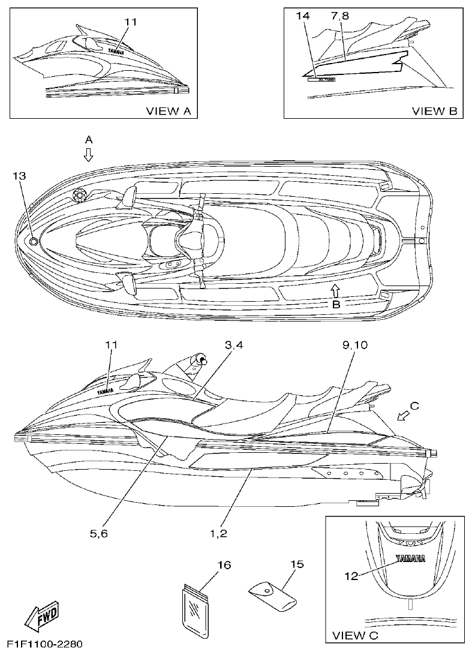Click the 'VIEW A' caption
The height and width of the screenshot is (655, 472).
[x=169, y=110]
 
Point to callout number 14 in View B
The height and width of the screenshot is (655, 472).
[x=303, y=17]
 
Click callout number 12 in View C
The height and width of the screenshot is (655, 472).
[x=351, y=576]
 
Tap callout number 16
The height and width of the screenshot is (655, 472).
[x=224, y=565]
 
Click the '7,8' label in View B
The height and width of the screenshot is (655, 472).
[x=339, y=17]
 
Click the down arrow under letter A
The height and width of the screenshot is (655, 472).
[x=89, y=156]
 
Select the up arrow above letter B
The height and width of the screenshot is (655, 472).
[x=336, y=290]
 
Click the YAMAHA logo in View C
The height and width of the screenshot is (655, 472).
[x=410, y=559]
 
